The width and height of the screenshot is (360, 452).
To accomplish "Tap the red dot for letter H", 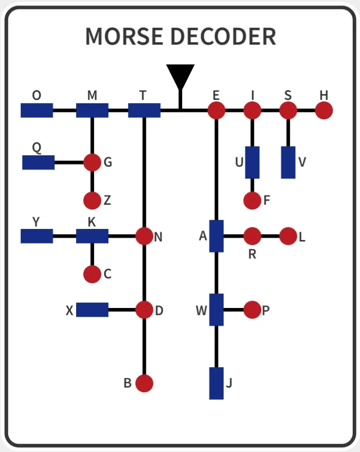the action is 324,111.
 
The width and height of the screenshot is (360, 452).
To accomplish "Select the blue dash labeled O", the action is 37,111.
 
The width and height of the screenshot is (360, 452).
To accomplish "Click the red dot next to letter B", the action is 144,384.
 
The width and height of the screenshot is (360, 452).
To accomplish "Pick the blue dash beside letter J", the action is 216,384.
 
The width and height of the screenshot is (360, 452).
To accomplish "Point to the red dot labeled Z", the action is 92,200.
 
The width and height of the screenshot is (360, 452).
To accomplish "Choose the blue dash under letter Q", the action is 39,162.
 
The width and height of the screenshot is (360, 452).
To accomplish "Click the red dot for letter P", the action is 252,310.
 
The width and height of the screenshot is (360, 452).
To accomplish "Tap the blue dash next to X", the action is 92,310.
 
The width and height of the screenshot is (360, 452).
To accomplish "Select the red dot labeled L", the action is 288,236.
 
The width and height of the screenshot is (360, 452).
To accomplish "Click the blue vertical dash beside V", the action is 288,162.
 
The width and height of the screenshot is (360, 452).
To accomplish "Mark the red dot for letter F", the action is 252,200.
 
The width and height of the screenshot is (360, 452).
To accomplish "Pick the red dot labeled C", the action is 92,274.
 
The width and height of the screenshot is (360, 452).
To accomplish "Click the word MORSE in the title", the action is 125,36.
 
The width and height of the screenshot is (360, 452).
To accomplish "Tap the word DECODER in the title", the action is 224,36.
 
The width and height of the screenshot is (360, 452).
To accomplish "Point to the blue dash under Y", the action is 37,236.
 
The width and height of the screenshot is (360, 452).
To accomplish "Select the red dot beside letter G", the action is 92,162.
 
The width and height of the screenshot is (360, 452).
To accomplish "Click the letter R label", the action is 252,254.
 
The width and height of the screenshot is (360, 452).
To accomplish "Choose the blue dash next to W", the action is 216,310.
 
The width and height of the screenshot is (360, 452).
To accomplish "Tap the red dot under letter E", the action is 216,111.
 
